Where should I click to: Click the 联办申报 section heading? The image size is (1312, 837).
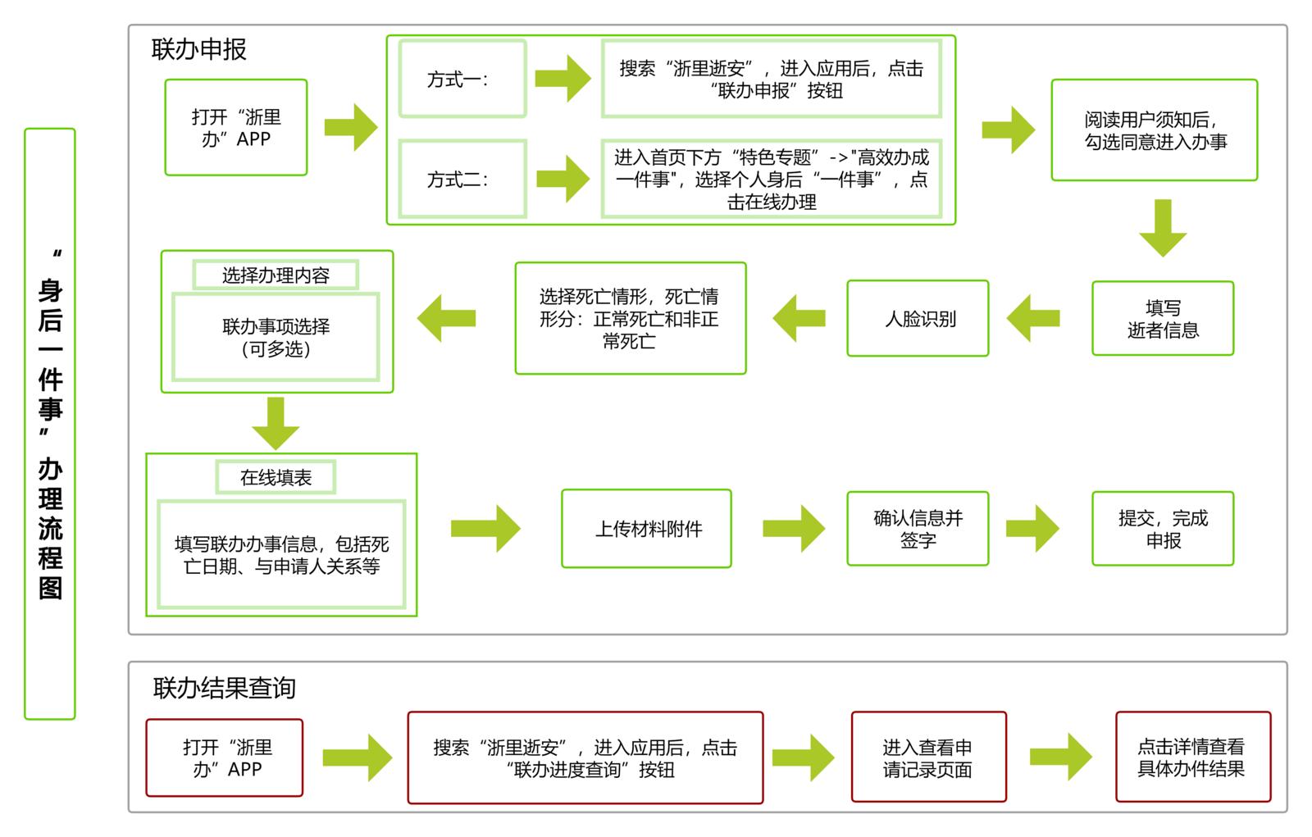pos(198,49)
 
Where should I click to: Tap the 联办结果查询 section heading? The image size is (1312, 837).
pos(224,687)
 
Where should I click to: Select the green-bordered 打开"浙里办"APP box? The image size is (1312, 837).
pos(236,128)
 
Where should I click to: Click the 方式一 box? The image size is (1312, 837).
pos(462,80)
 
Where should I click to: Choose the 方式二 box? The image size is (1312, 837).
pos(462,180)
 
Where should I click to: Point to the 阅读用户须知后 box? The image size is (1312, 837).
pos(1154,130)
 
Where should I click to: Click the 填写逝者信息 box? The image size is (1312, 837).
pos(1162,319)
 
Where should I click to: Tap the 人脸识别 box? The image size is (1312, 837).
pos(918,319)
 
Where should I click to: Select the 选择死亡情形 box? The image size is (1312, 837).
pos(630,319)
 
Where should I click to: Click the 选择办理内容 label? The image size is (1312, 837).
pos(276,275)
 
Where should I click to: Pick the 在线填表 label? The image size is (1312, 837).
pos(276,478)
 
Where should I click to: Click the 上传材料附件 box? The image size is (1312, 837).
pos(646,529)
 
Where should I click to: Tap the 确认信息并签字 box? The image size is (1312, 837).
pos(918,529)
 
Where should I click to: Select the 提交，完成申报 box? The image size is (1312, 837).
pos(1162,529)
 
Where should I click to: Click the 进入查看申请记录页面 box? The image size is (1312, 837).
pos(928,757)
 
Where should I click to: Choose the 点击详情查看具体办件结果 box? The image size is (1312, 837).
pos(1192,757)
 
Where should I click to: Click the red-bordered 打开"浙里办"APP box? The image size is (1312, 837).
pos(225,757)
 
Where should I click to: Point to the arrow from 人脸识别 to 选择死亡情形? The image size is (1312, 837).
pos(799,318)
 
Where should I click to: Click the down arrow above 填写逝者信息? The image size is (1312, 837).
pos(1162,227)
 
